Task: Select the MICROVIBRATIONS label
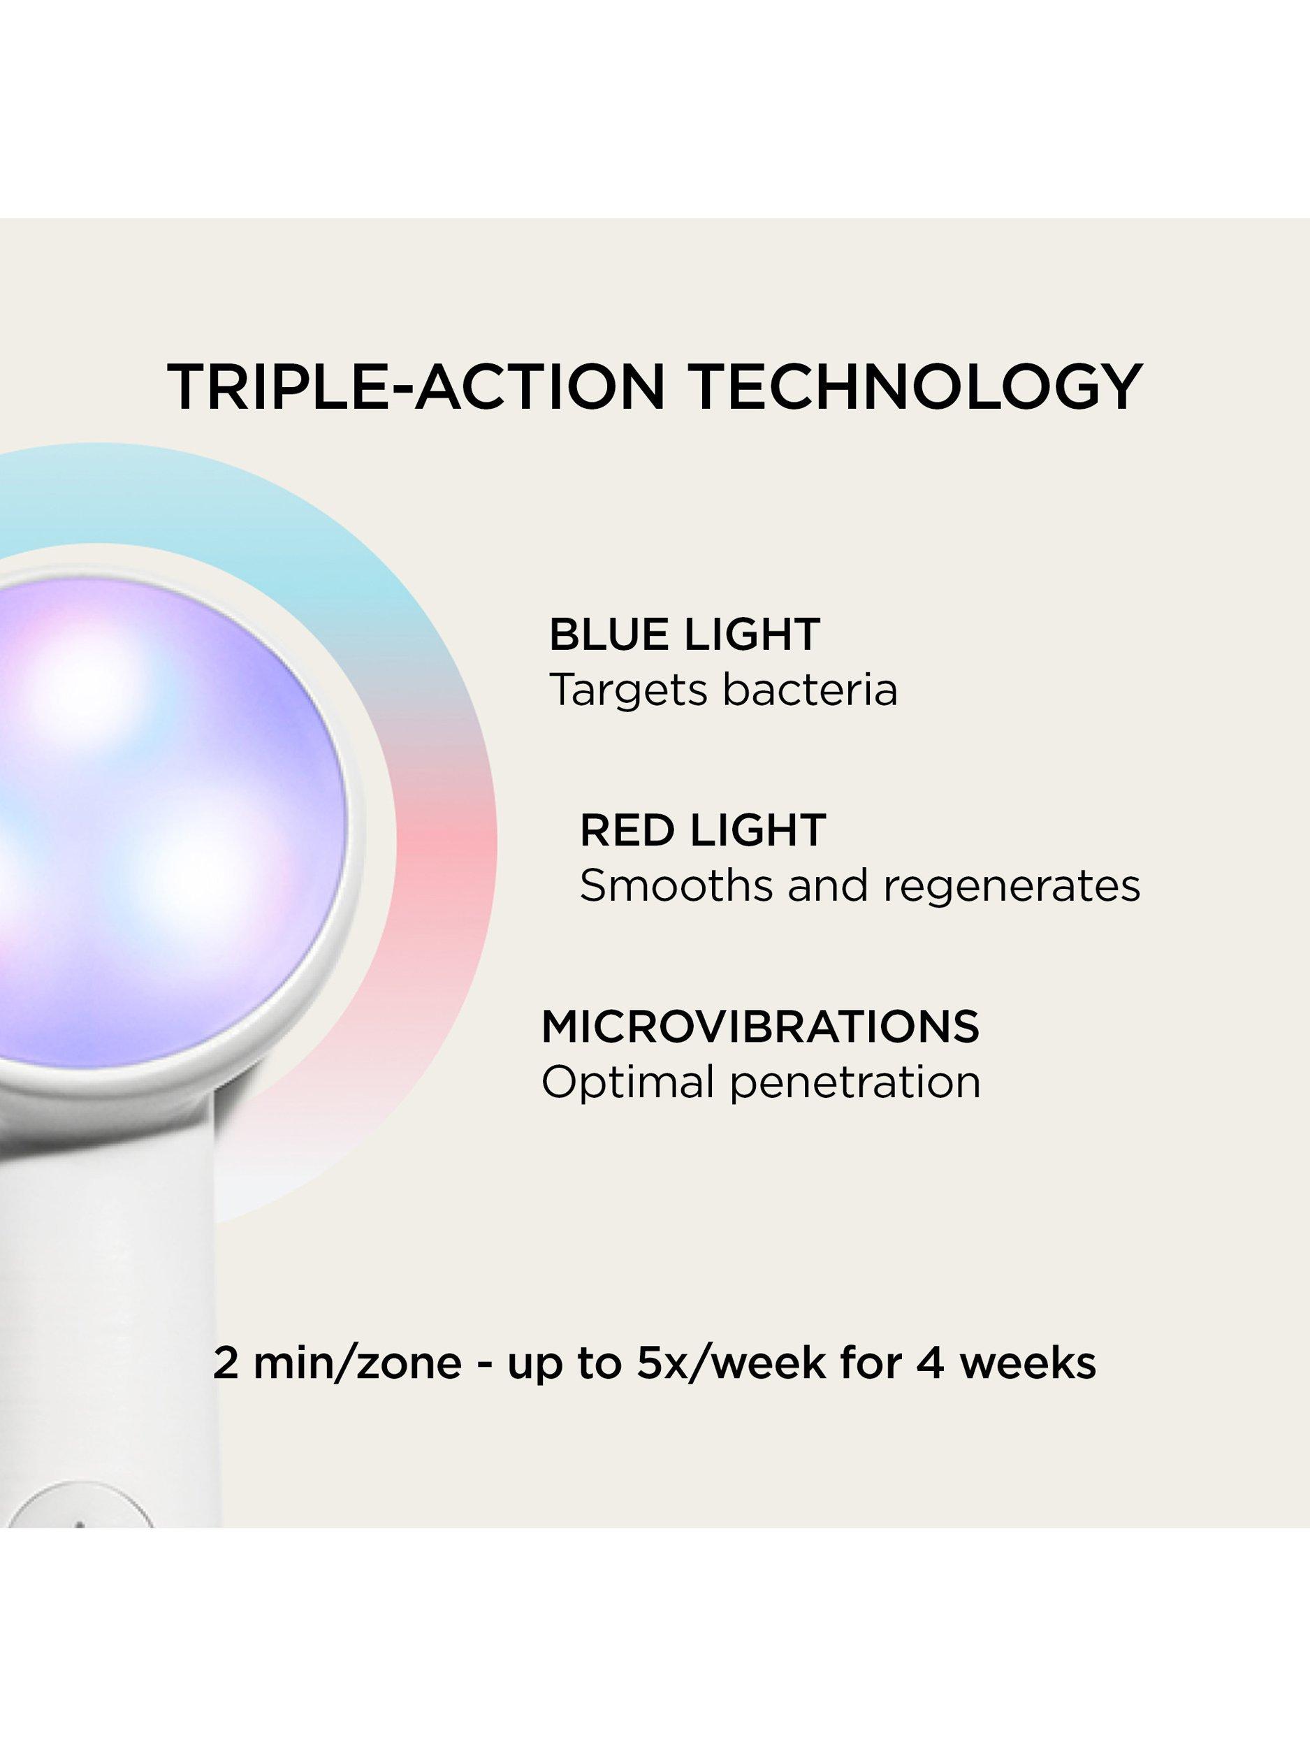point(760,1026)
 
